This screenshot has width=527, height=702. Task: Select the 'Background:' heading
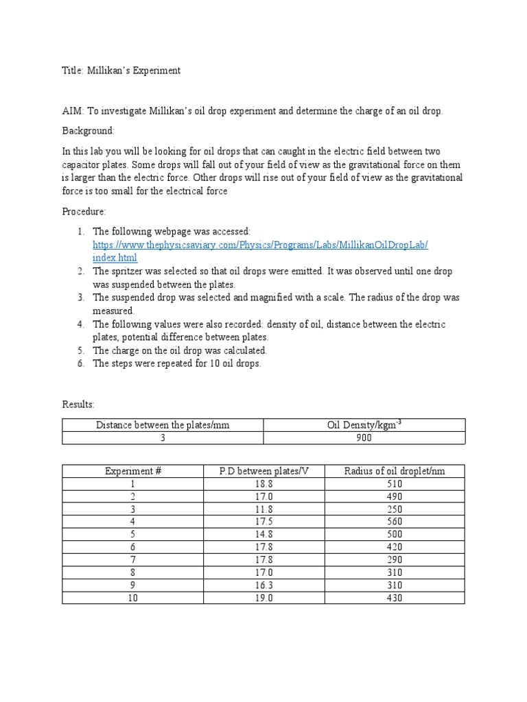coord(89,130)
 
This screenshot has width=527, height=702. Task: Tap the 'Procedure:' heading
coord(84,212)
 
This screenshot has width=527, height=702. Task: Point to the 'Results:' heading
coord(78,404)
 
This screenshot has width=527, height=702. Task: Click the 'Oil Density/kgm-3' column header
coord(364,425)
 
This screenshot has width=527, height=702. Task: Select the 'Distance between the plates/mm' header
coord(163,425)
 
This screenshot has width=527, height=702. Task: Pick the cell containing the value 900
coord(364,438)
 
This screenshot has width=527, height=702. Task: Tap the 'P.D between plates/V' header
coord(264,471)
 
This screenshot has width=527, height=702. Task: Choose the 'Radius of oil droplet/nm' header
coord(394,471)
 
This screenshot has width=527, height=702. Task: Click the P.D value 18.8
coord(264,483)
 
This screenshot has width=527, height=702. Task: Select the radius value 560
coord(394,522)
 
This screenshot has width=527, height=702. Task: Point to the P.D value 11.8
coord(264,509)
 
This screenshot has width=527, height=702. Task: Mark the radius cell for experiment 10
coord(394,598)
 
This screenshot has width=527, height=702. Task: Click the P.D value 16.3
coord(264,585)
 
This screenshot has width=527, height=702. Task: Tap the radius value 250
coord(394,509)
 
